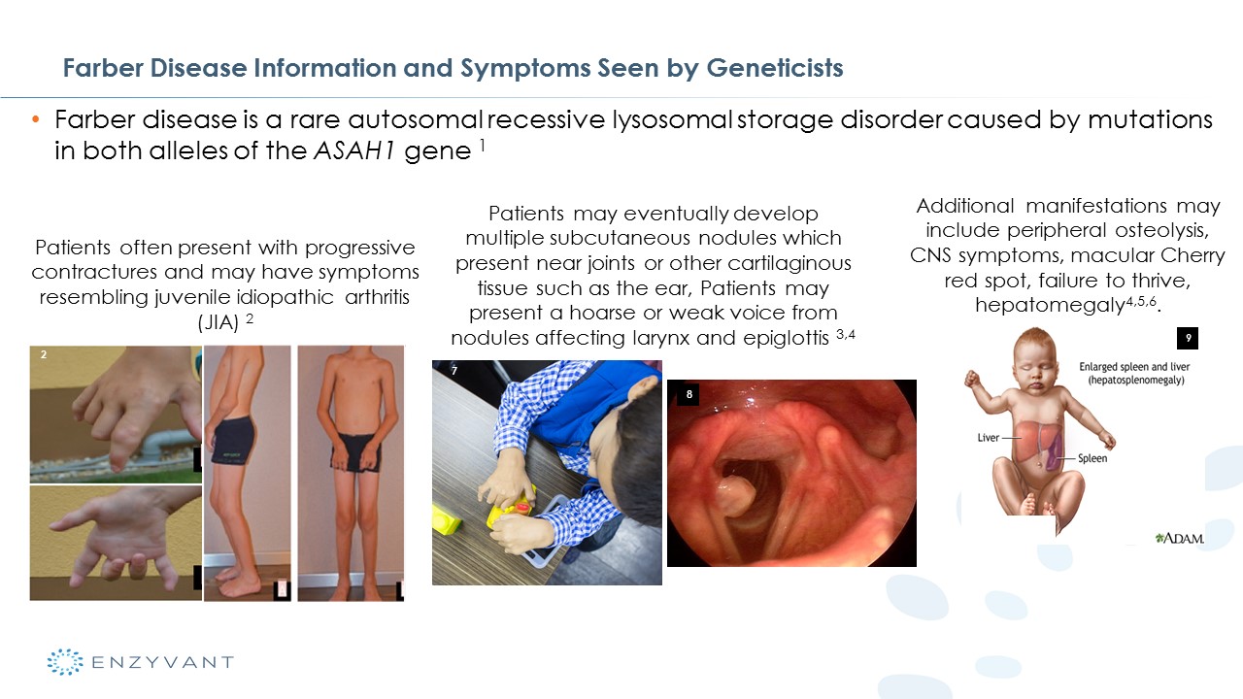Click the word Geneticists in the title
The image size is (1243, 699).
point(775,68)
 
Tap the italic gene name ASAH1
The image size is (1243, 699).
point(354,150)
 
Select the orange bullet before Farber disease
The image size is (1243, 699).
point(36,118)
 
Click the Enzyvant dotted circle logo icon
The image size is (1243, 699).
point(65,662)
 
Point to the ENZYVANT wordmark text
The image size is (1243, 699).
point(162,662)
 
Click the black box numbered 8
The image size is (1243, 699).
point(689,394)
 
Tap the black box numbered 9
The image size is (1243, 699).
point(1188,338)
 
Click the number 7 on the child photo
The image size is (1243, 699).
point(454,371)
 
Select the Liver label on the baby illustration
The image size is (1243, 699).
point(988,438)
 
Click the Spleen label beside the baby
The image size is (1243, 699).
point(1092,458)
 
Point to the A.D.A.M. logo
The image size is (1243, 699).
point(1180,538)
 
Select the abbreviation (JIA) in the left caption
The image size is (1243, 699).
point(218,321)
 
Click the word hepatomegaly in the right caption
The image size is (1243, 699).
point(1050,305)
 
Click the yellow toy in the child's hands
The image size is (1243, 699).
point(511,509)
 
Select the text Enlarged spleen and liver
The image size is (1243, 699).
point(1134,367)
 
